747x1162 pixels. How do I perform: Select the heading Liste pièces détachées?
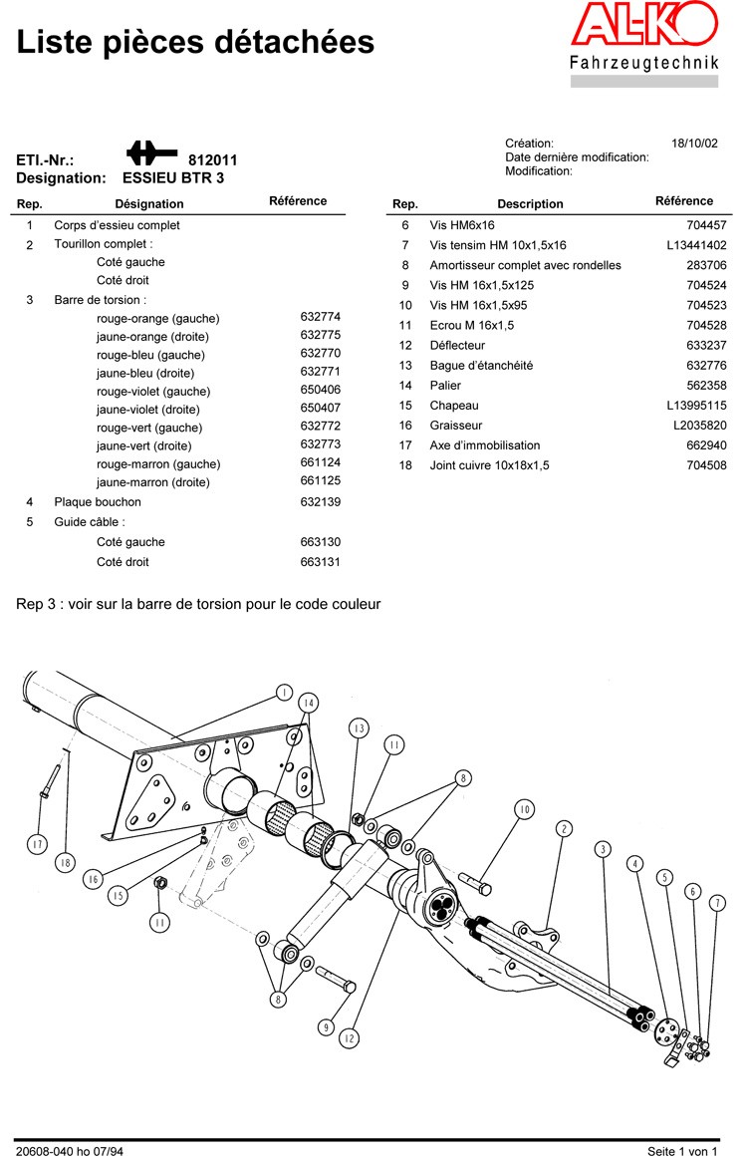[196, 42]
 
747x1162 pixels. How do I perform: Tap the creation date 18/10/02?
[694, 144]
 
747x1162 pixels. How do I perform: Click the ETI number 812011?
[212, 159]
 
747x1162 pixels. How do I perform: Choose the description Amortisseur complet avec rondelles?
[525, 265]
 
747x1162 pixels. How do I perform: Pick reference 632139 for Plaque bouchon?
[320, 502]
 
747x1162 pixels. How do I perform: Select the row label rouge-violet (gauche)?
[153, 392]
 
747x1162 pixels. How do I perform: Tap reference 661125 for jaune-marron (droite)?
[320, 481]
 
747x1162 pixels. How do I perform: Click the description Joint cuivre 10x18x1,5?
[489, 465]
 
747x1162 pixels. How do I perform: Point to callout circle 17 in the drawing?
[37, 845]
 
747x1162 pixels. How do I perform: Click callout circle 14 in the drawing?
[308, 703]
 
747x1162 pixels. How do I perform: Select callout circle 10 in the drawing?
[525, 808]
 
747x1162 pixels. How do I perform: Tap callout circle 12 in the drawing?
[349, 1038]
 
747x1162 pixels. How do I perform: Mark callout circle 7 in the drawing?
[717, 904]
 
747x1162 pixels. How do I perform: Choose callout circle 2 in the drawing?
[564, 829]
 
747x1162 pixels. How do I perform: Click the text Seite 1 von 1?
[682, 1151]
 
